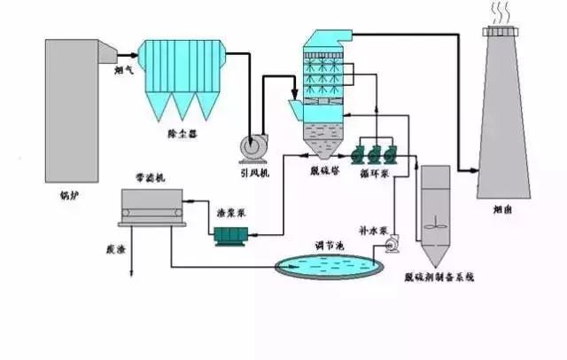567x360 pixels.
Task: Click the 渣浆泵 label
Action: [x=232, y=213]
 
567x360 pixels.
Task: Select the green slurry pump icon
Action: [x=234, y=234]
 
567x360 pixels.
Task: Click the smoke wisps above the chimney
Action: [x=503, y=11]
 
